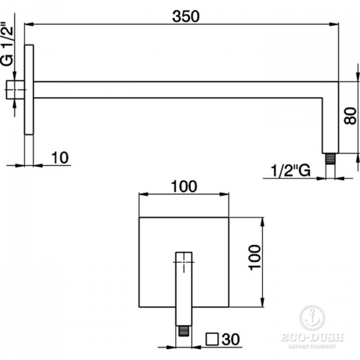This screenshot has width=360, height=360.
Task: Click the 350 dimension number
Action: pos(186,17)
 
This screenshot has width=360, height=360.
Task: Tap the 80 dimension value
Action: pos(350,116)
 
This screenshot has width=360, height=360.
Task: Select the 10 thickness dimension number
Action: pos(59,157)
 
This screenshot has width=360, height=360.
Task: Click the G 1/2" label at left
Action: pos(7,44)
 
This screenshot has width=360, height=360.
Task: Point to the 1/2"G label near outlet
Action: pos(290,170)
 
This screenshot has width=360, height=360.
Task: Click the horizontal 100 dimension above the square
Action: pos(184,186)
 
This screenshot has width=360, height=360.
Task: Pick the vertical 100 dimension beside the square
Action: pos(255,257)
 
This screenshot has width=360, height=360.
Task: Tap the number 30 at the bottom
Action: pos(231,339)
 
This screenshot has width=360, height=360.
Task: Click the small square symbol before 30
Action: pos(212,339)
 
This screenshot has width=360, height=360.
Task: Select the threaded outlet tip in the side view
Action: pos(331,158)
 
